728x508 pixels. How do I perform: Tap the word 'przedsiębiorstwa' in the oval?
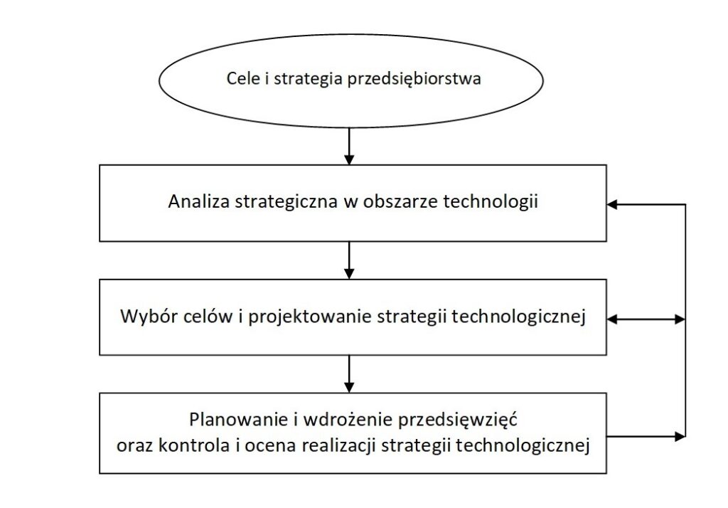tap(414, 79)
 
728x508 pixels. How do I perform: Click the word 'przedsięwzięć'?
tap(458, 420)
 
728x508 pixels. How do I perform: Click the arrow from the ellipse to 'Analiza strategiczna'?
tap(349, 146)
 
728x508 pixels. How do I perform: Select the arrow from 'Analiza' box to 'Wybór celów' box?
tap(349, 260)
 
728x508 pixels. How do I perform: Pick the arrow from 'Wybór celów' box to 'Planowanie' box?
tap(349, 374)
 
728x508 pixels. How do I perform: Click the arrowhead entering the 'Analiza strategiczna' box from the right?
tap(612, 204)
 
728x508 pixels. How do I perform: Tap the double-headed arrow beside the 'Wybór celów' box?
tap(646, 319)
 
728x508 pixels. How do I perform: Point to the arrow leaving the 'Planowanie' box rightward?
tap(646, 436)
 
